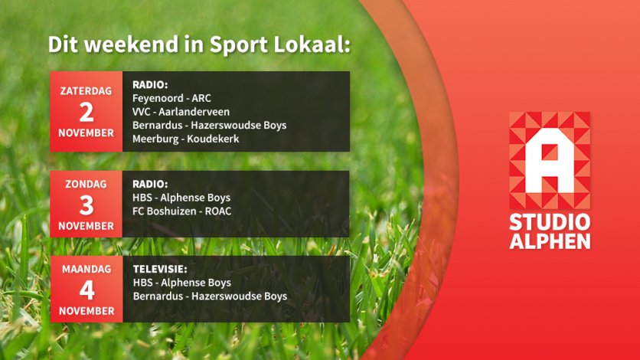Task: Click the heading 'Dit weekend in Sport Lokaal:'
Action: click(199, 44)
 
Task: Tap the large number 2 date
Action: click(86, 113)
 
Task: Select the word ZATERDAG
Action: click(86, 91)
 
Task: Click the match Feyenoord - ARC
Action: click(171, 98)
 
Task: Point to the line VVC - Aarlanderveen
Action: click(181, 112)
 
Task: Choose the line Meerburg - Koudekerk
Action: click(186, 139)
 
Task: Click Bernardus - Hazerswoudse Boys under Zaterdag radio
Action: click(210, 126)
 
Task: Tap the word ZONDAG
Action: click(86, 184)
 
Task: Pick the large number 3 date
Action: click(86, 205)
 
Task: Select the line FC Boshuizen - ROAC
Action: click(181, 211)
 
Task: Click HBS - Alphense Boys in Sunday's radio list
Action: click(181, 198)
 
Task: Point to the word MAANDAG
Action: click(87, 269)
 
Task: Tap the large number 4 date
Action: click(87, 290)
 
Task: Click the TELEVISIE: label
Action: click(160, 270)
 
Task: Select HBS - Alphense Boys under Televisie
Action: click(182, 283)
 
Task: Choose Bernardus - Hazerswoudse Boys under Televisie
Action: click(211, 296)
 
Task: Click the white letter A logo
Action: click(550, 161)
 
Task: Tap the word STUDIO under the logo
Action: click(550, 222)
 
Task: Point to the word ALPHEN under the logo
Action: click(550, 241)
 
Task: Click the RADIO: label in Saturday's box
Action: click(150, 85)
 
